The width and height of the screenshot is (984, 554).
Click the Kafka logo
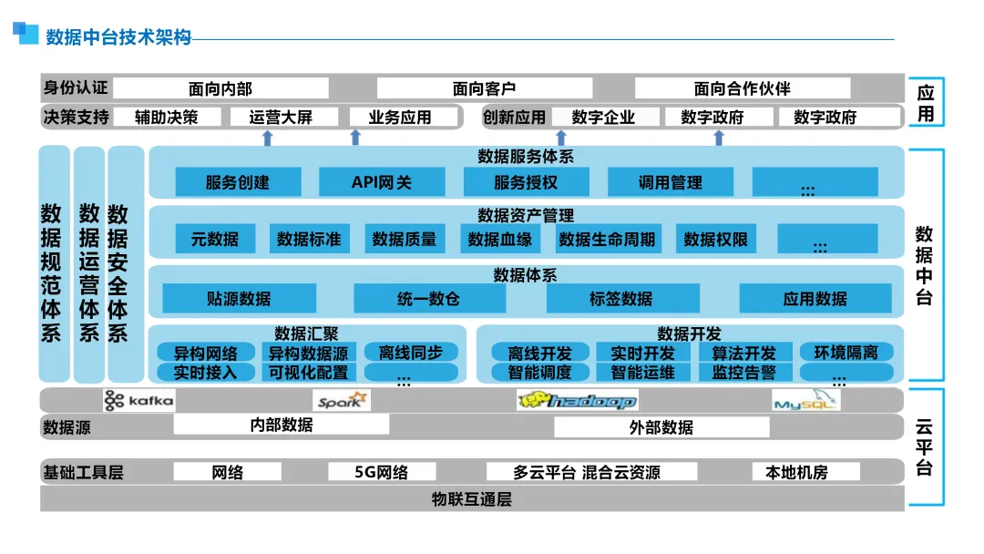tap(138, 400)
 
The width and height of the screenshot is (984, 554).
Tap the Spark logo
tap(342, 400)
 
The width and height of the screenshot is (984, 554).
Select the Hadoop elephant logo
tap(577, 400)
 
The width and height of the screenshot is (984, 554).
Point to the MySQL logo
tap(805, 400)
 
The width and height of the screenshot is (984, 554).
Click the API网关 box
tap(382, 182)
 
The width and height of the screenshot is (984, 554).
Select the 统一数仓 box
tap(428, 299)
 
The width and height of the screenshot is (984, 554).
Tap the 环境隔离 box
tap(846, 353)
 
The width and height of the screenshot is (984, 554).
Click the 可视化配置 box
tap(307, 372)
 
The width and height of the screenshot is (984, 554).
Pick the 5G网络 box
tap(381, 472)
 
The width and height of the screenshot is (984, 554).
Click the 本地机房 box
tap(796, 472)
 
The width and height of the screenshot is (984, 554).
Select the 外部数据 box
tap(661, 426)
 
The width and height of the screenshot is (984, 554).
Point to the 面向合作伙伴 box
tap(742, 88)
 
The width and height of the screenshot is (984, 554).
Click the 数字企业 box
tap(603, 117)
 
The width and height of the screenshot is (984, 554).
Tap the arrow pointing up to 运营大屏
tap(267, 138)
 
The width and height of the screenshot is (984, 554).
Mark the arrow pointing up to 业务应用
tap(355, 138)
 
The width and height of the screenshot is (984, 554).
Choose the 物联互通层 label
tap(472, 499)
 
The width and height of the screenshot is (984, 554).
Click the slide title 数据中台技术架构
tap(118, 37)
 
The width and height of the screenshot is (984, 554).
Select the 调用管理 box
tap(670, 182)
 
